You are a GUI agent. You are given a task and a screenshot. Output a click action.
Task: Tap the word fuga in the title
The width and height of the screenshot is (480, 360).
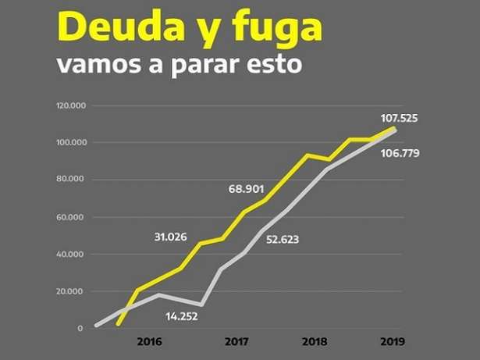[279, 29]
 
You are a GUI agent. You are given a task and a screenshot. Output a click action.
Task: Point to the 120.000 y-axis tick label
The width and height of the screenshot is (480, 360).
[71, 105]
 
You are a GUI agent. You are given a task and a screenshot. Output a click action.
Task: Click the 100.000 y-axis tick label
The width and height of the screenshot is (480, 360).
[71, 143]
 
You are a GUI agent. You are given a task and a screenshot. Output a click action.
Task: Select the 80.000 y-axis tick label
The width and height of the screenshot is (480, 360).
[73, 180]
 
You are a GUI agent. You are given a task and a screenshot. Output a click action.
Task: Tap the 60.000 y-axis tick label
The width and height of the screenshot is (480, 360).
[73, 217]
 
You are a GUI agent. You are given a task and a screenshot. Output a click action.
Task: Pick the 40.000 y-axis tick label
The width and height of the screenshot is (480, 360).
[73, 255]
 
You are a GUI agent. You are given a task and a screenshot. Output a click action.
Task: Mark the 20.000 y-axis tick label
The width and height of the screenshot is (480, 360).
[73, 292]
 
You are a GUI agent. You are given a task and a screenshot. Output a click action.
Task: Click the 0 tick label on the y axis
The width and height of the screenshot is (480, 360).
[80, 329]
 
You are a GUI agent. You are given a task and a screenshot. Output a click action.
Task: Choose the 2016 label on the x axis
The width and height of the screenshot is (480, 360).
[148, 342]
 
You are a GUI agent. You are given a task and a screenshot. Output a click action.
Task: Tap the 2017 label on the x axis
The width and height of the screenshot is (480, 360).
[236, 342]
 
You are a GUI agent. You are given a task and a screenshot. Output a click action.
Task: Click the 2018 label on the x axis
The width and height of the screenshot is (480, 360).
[314, 342]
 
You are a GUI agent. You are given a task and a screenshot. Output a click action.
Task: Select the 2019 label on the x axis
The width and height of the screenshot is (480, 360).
[393, 342]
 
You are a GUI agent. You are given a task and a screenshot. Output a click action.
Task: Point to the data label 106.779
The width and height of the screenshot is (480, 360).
[400, 153]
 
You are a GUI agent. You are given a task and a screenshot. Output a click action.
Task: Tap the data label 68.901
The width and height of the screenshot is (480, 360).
[247, 189]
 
